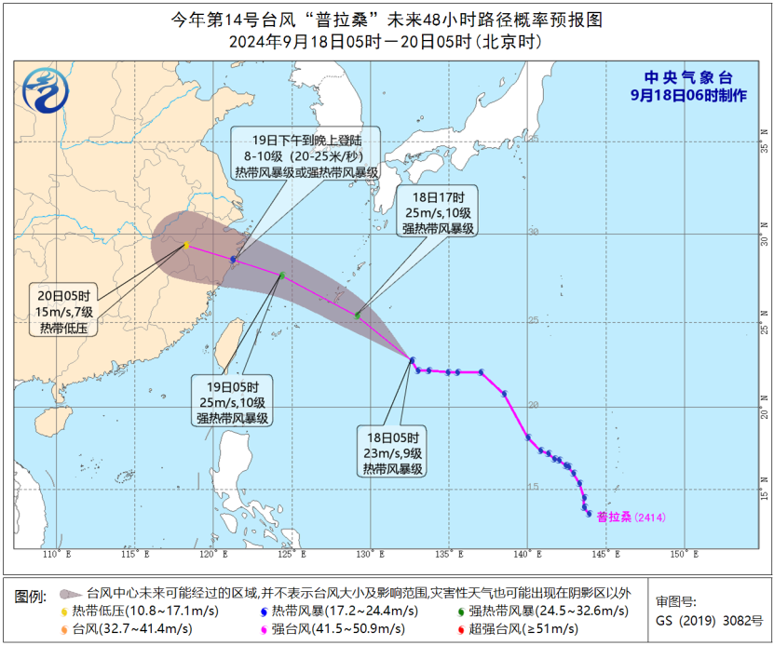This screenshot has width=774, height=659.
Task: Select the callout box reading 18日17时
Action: pyautogui.click(x=439, y=210)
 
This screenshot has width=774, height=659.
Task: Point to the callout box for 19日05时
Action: pyautogui.click(x=233, y=401)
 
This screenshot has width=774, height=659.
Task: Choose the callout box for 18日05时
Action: pyautogui.click(x=393, y=451)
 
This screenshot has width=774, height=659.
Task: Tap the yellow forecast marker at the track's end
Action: pyautogui.click(x=186, y=246)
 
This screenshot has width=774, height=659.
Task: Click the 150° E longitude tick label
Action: pyautogui.click(x=684, y=555)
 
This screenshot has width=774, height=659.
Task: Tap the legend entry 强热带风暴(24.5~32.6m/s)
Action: pyautogui.click(x=539, y=610)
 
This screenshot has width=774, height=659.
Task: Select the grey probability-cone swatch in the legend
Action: pyautogui.click(x=70, y=592)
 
